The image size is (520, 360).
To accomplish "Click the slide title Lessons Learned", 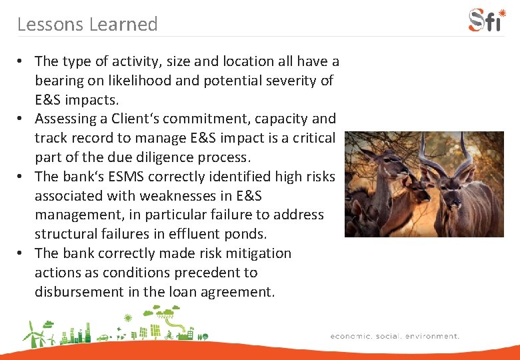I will point(87,25).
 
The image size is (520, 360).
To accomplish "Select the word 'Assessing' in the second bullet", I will point(65,119).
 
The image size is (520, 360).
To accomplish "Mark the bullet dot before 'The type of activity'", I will point(21,61).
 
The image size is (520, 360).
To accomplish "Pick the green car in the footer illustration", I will point(103,337).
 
